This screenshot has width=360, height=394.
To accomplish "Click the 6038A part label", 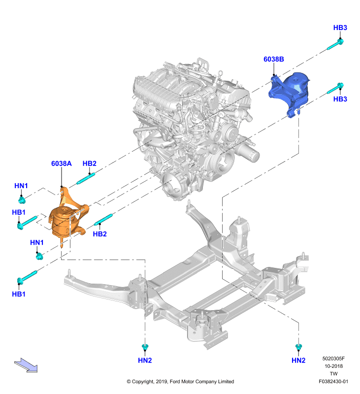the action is [61, 164].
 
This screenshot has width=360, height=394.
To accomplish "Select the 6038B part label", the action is [274, 59].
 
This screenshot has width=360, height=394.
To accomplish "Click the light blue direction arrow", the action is [26, 365].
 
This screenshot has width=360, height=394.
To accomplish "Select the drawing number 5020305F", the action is [333, 359].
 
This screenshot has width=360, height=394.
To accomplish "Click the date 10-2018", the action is [333, 366].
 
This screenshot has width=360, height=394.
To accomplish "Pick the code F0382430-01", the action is [333, 381].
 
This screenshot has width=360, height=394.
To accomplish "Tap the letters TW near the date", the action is [333, 374].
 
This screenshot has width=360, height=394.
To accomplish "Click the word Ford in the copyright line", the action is [175, 381].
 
